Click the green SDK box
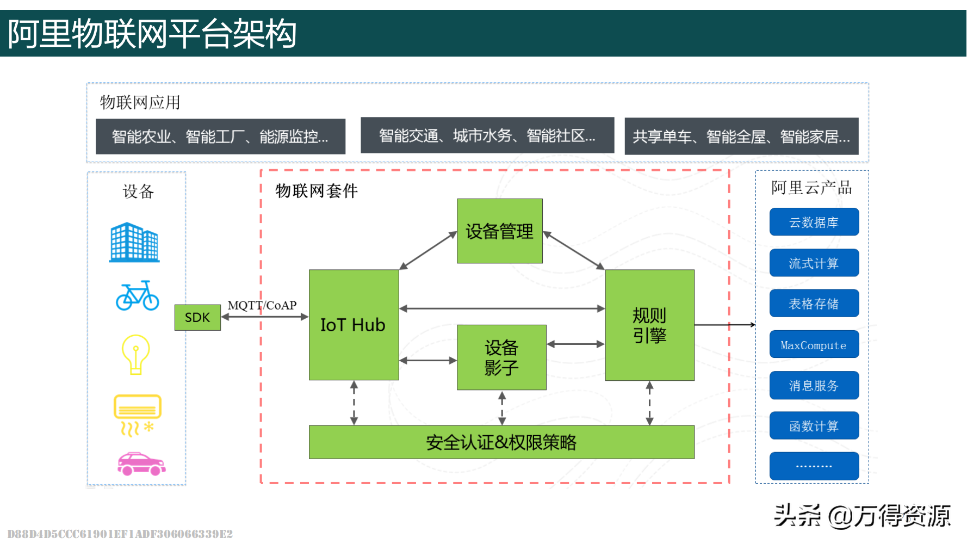197,317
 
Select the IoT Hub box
354,325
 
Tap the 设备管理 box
499,231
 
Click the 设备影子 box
501,357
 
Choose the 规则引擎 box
649,325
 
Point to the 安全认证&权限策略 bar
501,442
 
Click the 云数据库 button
814,222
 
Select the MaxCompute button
814,345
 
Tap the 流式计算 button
814,263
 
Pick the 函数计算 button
814,426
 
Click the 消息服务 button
814,386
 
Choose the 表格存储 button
814,304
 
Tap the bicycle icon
137,296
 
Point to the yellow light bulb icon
135,354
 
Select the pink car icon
141,464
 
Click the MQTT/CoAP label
262,305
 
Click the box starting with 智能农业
220,137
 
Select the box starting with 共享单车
741,137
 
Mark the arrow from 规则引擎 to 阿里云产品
724,325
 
